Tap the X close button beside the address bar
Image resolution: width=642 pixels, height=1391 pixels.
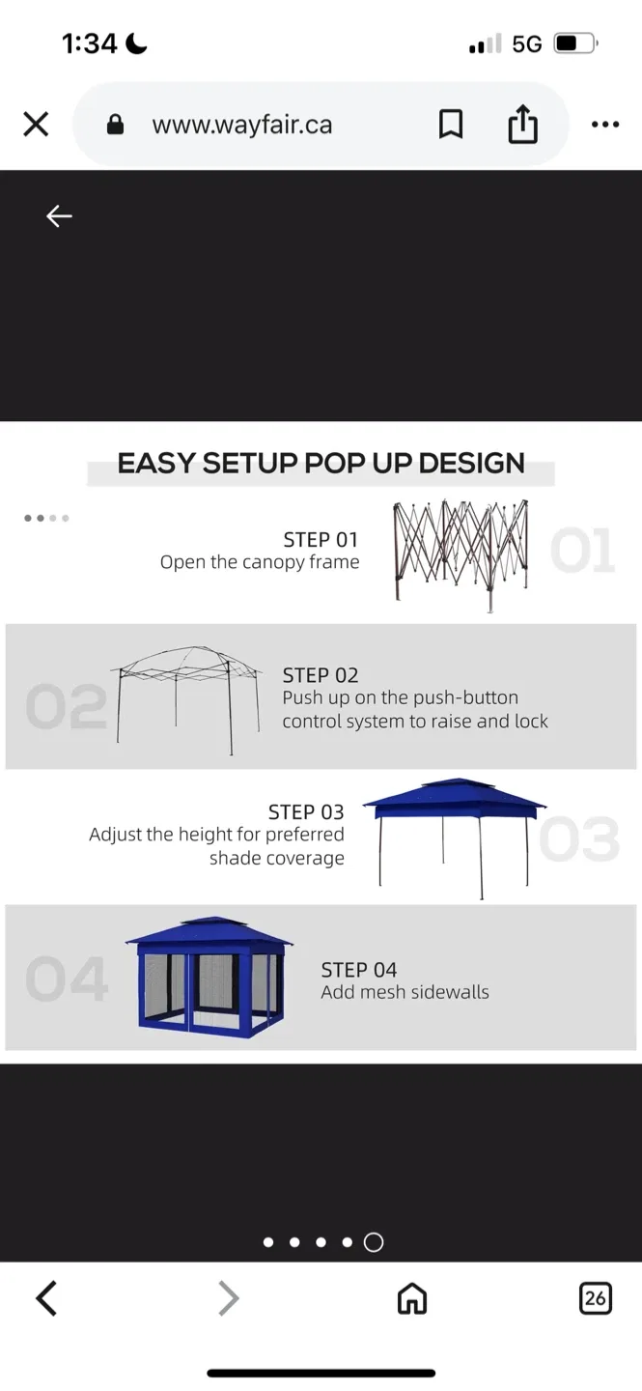click(36, 125)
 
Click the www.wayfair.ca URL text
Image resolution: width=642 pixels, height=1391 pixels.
click(241, 125)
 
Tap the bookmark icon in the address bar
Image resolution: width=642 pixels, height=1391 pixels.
click(451, 125)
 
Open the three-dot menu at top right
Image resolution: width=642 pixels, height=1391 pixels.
click(604, 125)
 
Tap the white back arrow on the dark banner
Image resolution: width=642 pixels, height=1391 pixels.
click(59, 216)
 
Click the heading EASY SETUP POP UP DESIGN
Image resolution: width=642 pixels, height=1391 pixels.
click(321, 464)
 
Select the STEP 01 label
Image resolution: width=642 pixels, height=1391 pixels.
click(321, 539)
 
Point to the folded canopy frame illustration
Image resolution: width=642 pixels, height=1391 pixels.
click(461, 554)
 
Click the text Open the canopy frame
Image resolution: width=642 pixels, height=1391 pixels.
click(260, 562)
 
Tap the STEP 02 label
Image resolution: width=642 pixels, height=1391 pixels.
click(321, 675)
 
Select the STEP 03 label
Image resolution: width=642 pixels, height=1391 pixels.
click(306, 811)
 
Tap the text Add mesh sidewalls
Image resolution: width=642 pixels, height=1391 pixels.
click(405, 992)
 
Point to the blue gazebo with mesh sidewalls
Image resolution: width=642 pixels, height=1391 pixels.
click(209, 977)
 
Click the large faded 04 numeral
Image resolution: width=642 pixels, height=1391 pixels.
click(66, 979)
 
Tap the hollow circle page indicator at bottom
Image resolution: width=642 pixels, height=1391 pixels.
click(374, 1243)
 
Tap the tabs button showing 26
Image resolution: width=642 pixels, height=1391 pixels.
click(595, 1298)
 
